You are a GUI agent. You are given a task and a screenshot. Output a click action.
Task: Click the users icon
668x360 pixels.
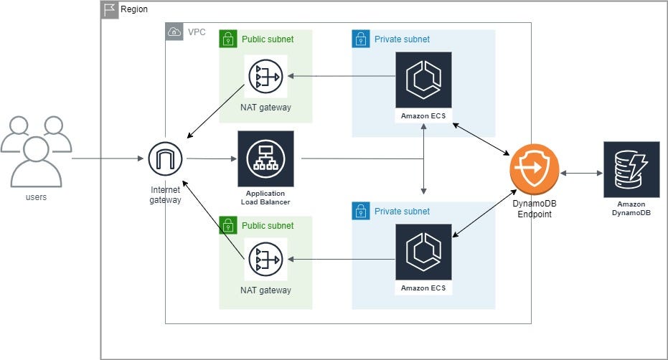point(36,151)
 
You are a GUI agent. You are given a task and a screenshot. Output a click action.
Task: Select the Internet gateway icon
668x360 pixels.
point(165,158)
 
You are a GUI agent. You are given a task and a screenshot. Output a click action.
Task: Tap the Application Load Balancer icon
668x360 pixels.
point(265,158)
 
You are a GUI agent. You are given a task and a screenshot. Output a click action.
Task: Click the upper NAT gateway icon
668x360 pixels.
point(265,77)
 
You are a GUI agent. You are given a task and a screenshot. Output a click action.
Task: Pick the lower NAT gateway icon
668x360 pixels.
point(265,260)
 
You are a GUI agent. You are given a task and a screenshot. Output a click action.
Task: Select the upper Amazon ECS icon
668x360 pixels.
point(423,80)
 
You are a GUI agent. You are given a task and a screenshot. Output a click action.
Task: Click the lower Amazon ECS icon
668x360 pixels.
point(423,252)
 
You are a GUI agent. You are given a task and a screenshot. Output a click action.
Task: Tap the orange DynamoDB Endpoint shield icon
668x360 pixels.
point(535,169)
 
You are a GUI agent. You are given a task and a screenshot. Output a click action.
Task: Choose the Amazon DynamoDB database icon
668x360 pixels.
point(631,169)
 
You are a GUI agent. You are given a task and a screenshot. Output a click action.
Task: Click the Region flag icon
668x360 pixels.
point(110,10)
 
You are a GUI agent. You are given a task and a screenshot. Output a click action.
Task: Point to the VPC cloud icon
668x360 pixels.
point(174,32)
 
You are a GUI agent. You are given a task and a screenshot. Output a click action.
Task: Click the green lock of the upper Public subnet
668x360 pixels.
point(228,39)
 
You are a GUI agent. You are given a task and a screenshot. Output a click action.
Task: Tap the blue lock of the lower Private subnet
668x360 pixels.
point(361,211)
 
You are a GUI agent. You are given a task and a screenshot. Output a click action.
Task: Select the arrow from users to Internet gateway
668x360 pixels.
point(108,158)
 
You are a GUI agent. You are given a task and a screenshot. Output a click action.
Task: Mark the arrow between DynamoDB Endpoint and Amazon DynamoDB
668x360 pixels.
point(581,173)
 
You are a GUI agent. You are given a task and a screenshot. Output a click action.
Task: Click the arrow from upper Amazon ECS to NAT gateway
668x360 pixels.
point(342,76)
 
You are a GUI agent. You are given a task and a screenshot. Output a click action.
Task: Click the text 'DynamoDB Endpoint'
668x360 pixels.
point(535,209)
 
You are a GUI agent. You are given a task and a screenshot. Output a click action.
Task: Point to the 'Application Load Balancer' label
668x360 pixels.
point(265,198)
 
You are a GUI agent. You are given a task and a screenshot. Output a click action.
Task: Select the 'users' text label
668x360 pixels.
point(36,197)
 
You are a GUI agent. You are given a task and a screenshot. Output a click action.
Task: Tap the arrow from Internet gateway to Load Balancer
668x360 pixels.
point(212,158)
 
